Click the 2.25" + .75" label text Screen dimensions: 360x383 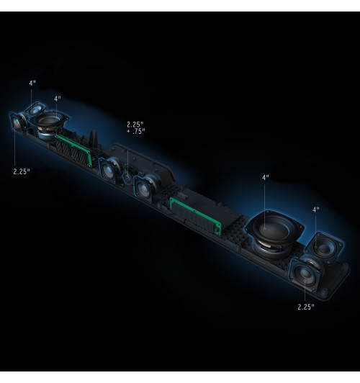[x=136, y=127]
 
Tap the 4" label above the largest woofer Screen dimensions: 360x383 [x=266, y=178]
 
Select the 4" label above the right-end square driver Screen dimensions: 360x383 [x=316, y=209]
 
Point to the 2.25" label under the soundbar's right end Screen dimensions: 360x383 [x=306, y=307]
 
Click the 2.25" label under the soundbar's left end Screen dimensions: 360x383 [x=22, y=171]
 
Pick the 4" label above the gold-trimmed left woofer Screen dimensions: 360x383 [x=58, y=99]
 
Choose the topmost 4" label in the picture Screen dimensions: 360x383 [x=32, y=83]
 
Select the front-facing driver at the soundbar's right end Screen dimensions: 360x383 [x=305, y=274]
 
